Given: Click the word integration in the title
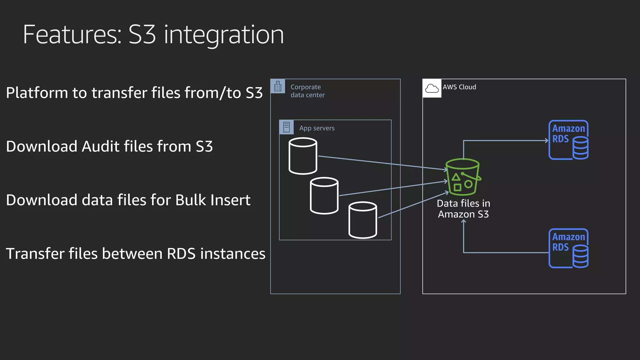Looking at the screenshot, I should tap(224, 35).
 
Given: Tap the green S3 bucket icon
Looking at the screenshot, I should tap(463, 177).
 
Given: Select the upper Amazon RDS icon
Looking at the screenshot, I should tap(568, 140).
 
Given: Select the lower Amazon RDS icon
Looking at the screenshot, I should tap(568, 248).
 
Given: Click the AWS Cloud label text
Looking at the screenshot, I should tap(459, 87).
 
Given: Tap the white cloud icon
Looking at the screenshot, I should tap(432, 88).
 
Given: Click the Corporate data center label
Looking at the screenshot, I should tap(307, 91).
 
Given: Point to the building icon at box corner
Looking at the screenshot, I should tap(278, 86).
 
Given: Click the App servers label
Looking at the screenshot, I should tap(317, 128).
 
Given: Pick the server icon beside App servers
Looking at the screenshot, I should tap(286, 127).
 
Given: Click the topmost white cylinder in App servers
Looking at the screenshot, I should tap(303, 156).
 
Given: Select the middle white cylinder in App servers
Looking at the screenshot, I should tap(324, 196).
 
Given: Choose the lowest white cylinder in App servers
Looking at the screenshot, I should tap(362, 220).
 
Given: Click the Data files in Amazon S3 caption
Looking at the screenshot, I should tap(463, 209).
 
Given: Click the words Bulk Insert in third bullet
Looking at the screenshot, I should tap(212, 200).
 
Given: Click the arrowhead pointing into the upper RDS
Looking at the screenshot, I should tap(547, 141).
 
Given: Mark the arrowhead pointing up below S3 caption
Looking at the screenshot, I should tap(464, 221).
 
